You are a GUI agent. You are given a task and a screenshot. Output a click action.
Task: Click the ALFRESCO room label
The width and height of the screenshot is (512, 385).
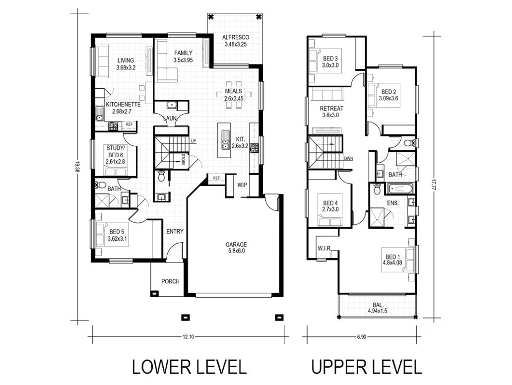click(236, 37)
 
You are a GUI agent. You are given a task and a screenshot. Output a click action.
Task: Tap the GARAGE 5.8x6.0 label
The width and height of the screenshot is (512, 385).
click(236, 248)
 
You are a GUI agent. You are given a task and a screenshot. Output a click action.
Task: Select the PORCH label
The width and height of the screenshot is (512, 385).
click(170, 281)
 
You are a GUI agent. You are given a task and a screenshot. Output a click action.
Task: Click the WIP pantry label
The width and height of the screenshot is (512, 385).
click(242, 185)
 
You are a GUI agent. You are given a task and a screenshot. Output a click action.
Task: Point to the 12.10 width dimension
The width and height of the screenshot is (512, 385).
click(189, 337)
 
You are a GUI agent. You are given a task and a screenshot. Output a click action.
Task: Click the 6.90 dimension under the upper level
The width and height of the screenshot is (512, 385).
click(362, 337)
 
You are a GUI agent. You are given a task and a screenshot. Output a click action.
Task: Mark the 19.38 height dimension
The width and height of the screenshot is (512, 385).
click(77, 166)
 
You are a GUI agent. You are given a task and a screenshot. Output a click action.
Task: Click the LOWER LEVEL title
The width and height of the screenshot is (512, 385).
click(189, 367)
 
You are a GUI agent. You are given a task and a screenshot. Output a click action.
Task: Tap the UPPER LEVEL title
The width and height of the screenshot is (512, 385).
click(366, 367)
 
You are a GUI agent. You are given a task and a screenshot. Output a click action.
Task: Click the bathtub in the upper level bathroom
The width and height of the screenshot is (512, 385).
click(400, 188)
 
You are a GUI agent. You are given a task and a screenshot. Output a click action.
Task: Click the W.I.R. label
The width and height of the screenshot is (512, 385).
click(324, 249)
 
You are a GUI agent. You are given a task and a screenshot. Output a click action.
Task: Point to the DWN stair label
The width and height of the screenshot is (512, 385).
click(348, 159)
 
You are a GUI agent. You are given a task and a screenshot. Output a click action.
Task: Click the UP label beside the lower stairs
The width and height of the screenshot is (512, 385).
click(193, 141)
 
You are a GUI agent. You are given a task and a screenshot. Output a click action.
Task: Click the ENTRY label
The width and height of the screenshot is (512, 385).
click(175, 232)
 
